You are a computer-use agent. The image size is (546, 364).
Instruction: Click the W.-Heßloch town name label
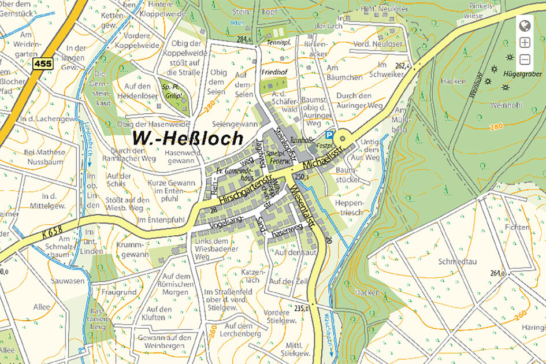pyautogui.click(x=188, y=138)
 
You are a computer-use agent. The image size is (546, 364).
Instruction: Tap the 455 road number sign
pyautogui.click(x=42, y=64)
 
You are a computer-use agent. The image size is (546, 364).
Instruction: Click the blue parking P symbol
pyautogui.click(x=329, y=135)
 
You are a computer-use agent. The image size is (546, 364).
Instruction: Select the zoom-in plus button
pyautogui.click(x=525, y=42)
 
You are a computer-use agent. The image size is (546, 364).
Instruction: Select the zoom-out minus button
pyautogui.click(x=525, y=59)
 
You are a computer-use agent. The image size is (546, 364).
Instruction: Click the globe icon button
pyautogui.click(x=525, y=26)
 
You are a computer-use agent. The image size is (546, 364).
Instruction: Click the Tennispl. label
pyautogui.click(x=278, y=43)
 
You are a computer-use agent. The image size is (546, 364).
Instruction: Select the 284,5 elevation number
pyautogui.click(x=244, y=39)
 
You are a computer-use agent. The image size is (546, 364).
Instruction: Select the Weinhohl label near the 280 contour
pyautogui.click(x=506, y=105)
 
